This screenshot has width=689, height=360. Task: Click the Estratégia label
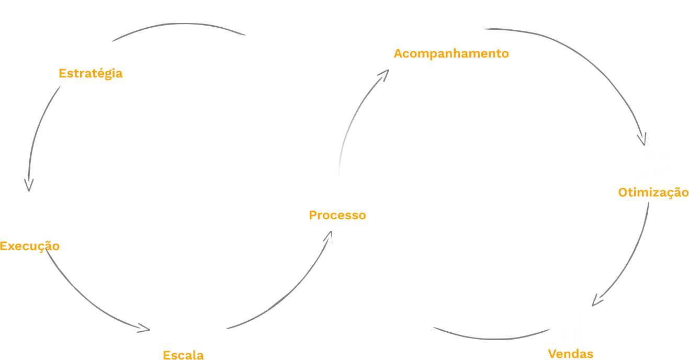[91, 73]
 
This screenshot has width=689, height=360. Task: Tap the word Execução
[30, 246]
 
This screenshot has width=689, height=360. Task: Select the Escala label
[183, 355]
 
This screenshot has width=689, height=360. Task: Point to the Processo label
[337, 215]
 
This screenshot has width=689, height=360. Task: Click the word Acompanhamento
[451, 53]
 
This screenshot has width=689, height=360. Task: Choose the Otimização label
[653, 192]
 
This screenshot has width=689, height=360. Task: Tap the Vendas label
[571, 354]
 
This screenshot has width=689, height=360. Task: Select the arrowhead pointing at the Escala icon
[144, 328]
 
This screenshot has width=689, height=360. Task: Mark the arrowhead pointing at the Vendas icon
[597, 301]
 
